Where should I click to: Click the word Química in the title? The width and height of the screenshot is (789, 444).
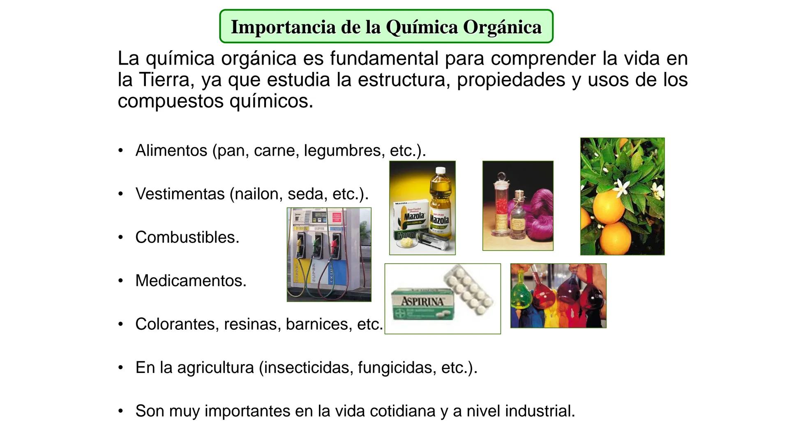pos(422,27)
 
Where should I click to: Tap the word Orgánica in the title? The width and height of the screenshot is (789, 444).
pos(502,27)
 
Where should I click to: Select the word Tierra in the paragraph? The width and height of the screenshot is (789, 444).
pos(164,80)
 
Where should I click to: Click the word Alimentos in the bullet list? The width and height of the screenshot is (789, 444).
pos(171,150)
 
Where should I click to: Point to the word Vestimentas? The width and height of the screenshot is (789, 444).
pos(180,194)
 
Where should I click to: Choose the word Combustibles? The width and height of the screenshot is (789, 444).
pos(187,237)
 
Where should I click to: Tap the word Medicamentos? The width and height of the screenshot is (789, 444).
pos(191,281)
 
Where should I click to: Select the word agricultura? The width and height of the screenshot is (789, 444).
pos(215,368)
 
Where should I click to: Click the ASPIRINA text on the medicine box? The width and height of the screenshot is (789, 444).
pos(422,301)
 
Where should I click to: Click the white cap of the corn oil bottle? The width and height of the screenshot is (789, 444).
pos(441,171)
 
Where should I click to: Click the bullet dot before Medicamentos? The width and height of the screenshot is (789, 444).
pos(120,281)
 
